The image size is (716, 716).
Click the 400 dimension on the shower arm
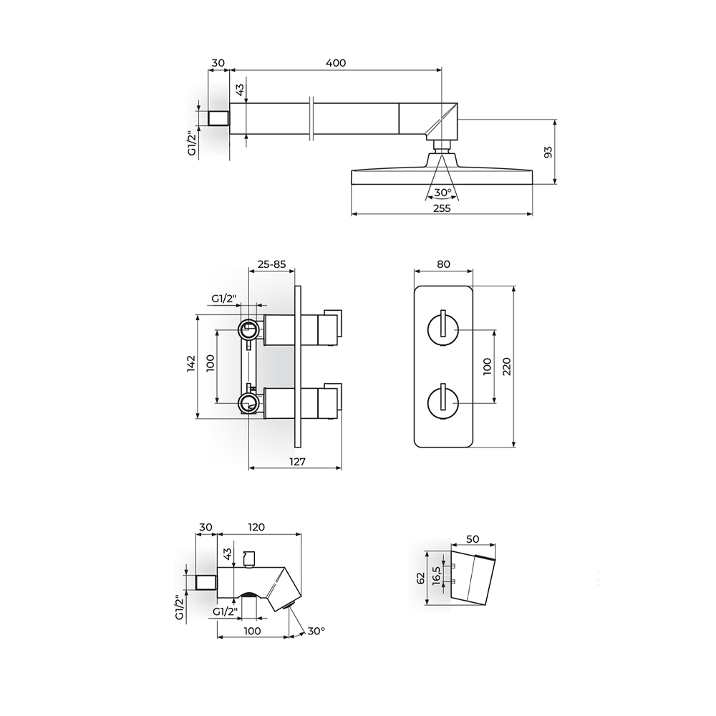(x=336, y=62)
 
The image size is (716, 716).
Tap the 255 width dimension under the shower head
(x=442, y=208)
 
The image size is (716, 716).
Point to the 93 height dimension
(x=548, y=152)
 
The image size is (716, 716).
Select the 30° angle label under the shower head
(x=442, y=192)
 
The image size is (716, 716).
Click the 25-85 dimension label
(x=271, y=264)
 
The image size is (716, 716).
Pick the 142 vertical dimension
(x=191, y=364)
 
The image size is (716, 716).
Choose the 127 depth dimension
(x=297, y=462)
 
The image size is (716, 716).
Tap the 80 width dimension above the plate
(x=443, y=264)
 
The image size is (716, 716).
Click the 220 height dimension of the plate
(x=506, y=366)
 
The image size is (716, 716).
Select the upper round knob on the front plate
(x=443, y=329)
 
